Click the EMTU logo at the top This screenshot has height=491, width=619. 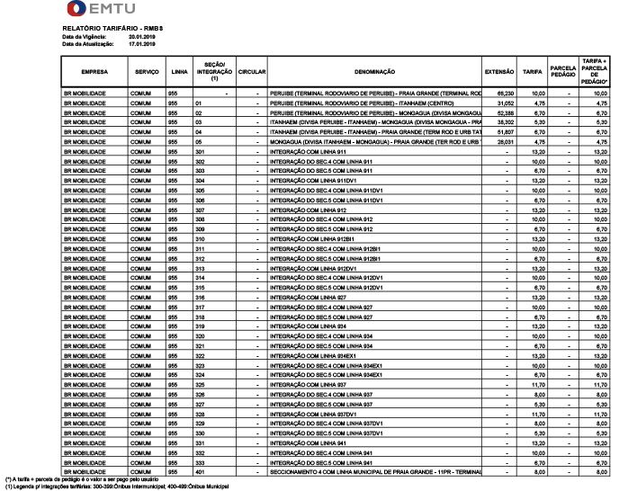[101, 11]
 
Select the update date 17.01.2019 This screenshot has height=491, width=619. [143, 42]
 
